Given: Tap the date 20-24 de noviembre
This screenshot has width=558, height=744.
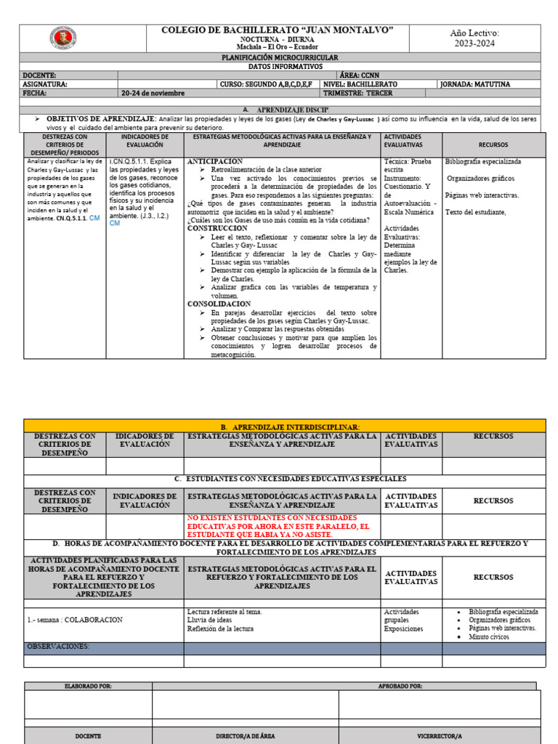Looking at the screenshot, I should click(153, 93).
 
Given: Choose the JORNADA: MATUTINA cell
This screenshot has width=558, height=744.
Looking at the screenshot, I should click(474, 84).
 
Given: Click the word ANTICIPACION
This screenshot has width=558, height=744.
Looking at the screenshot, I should click(215, 161).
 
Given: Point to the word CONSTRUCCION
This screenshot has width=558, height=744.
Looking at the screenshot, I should click(217, 228).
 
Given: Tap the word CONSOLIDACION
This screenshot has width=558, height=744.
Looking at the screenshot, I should click(220, 304).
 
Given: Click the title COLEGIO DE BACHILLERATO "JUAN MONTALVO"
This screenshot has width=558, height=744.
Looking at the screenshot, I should click(278, 29).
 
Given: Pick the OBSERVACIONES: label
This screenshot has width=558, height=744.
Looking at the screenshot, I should click(58, 646).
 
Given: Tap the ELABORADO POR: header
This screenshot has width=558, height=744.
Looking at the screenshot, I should click(88, 686).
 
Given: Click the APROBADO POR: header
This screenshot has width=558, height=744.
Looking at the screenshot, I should click(400, 686).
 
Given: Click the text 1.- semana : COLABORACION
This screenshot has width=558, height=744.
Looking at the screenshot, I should click(75, 620).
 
